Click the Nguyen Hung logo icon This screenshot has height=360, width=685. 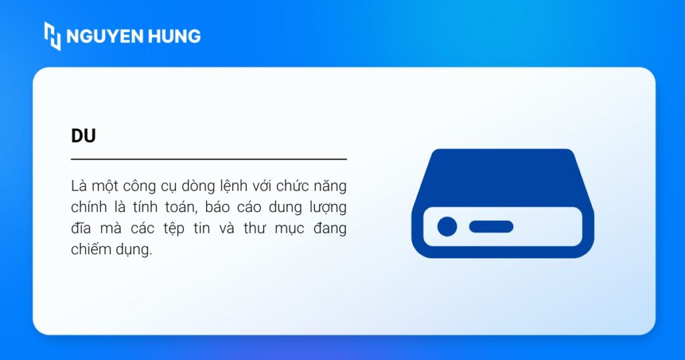pyautogui.click(x=52, y=35)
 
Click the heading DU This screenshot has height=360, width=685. pyautogui.click(x=84, y=136)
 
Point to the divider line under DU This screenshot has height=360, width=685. pyautogui.click(x=209, y=159)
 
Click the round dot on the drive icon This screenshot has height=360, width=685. pyautogui.click(x=447, y=227)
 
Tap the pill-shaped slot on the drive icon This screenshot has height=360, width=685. pyautogui.click(x=491, y=227)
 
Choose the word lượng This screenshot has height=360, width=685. pyautogui.click(x=326, y=207)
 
